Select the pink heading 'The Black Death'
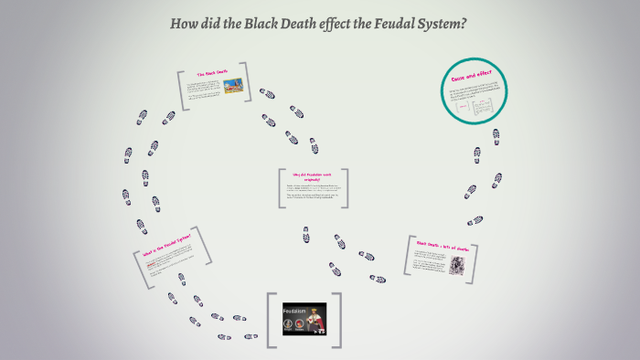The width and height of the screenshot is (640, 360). click(x=212, y=73)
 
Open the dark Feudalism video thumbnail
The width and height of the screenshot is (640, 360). click(x=304, y=322)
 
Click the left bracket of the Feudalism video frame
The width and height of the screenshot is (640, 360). click(x=271, y=321)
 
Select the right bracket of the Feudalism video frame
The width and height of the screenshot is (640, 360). click(x=338, y=321)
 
